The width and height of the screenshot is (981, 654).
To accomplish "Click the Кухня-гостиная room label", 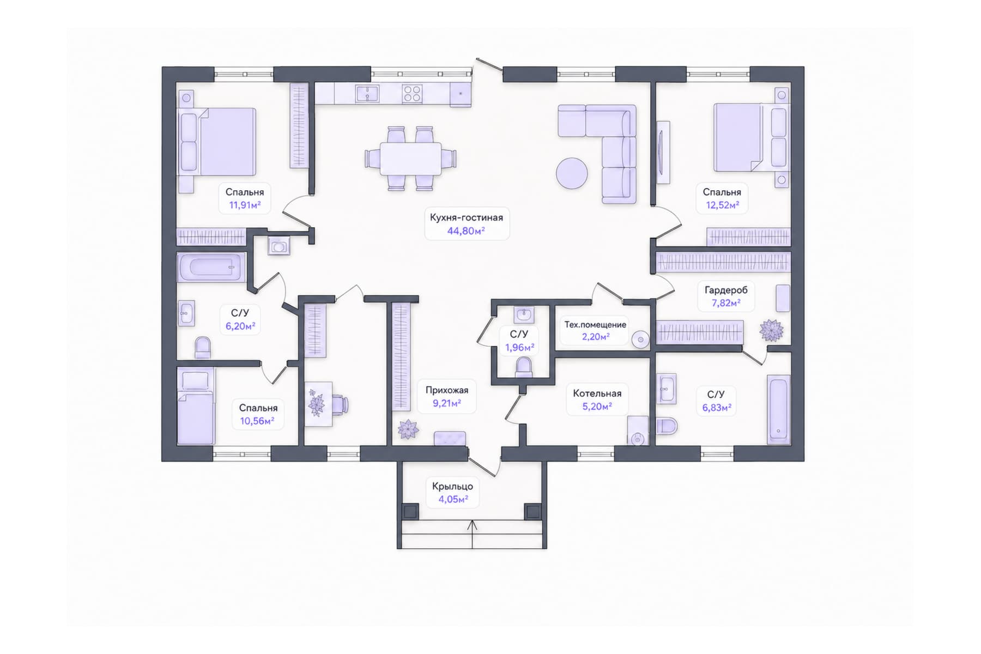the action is [x=466, y=217].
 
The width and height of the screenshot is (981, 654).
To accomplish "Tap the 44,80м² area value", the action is [x=466, y=231].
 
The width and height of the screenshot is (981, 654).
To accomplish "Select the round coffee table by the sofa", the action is [x=572, y=173].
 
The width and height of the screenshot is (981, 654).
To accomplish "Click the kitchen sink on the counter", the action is [x=367, y=93].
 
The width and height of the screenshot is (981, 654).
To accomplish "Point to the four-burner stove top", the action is [x=412, y=93].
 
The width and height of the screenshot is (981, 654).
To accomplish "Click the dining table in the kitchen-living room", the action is [x=410, y=159].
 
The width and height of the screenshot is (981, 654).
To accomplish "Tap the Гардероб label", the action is [x=726, y=290].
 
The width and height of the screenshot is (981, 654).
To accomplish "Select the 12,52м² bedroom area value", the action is [x=722, y=205].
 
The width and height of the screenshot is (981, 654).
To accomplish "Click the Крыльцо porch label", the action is [x=452, y=486].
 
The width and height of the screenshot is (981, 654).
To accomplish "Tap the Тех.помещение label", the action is [x=595, y=325].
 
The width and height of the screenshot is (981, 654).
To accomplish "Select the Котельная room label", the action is [x=597, y=393].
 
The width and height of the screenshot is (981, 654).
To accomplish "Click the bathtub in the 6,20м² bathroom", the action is [x=211, y=267].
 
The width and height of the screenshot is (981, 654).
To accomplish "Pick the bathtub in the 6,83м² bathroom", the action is [x=778, y=409].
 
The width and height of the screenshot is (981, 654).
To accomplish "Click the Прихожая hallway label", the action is [x=447, y=390].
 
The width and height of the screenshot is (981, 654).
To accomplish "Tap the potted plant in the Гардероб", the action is [x=771, y=331].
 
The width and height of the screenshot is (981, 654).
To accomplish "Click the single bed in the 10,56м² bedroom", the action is [x=196, y=407].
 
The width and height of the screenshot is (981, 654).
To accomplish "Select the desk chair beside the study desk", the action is [x=341, y=405].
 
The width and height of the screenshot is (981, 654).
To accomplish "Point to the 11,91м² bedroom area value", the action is [x=245, y=205].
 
